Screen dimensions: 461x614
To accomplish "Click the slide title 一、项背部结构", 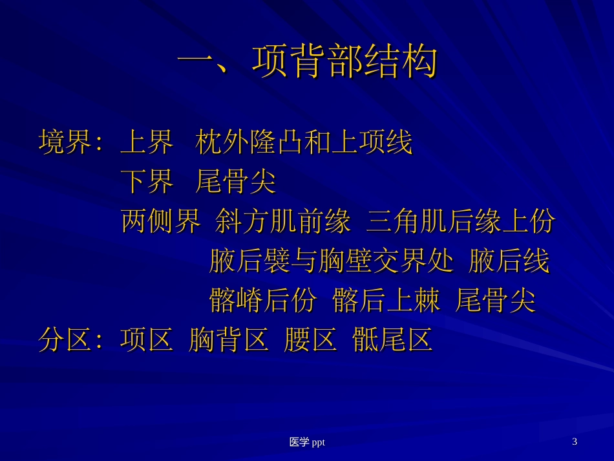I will click(308, 63).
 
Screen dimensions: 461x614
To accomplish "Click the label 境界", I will click(64, 143).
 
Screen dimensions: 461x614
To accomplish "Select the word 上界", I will click(147, 143).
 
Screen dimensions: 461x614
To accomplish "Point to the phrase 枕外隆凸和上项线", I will click(304, 143).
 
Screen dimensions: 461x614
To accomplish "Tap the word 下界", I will click(147, 182).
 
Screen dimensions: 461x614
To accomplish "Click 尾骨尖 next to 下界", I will click(236, 182).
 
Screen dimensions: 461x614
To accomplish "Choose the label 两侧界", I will click(161, 222).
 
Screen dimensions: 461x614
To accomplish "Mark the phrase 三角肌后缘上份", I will click(461, 222).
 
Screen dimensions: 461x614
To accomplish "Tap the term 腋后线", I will click(509, 262).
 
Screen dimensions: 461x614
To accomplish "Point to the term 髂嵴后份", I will click(263, 301).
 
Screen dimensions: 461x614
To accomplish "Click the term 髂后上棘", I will click(386, 301).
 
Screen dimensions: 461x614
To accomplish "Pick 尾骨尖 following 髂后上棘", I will click(496, 301).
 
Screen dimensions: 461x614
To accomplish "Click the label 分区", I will click(64, 340).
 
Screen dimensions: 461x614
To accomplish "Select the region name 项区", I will click(147, 340).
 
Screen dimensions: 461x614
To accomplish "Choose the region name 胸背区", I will click(229, 340).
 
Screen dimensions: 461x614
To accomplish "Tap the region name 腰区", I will click(310, 340).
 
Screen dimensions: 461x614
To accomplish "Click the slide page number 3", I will click(575, 442).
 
